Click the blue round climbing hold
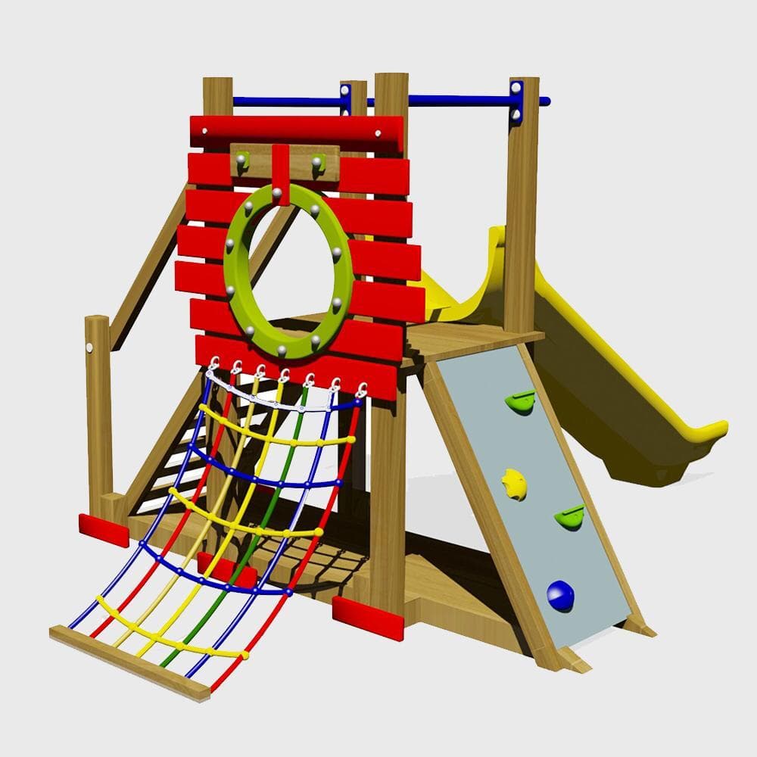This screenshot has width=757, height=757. pos(560,596)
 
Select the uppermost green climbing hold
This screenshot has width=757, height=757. pos(521,401)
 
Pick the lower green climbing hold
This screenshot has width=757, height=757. pos(570,517)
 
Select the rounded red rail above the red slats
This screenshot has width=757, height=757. pos(295,130)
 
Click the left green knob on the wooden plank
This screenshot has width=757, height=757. pos(243,160)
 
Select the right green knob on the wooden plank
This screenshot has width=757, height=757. pos(317,160)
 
